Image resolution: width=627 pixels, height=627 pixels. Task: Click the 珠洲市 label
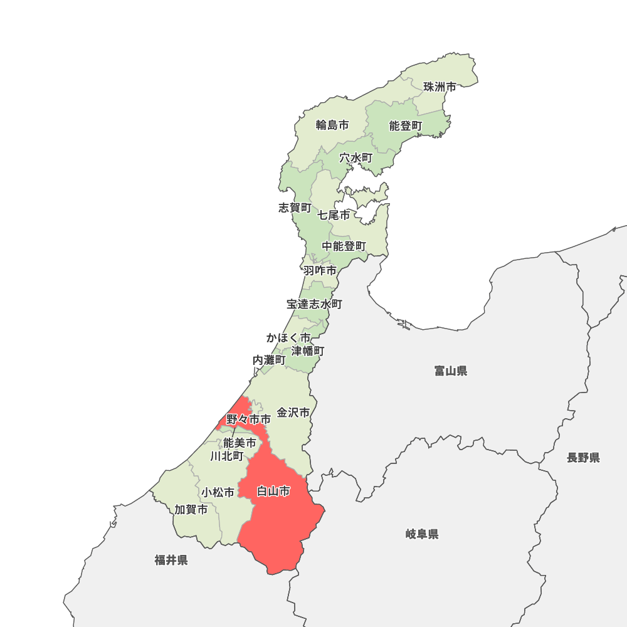coord(440,87)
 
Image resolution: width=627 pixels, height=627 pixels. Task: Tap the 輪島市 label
coord(332,125)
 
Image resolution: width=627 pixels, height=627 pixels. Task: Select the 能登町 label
coord(406,126)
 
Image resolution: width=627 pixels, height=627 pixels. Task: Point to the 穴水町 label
coord(356,158)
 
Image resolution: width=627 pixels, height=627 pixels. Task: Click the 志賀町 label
coord(295,208)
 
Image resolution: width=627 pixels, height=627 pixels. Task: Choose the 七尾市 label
coord(334,215)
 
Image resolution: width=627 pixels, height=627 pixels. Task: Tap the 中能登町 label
coord(344,246)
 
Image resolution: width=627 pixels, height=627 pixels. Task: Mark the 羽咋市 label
coord(320,271)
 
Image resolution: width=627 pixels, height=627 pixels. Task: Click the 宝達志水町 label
coord(315,304)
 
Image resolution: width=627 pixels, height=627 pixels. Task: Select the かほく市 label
coord(288,338)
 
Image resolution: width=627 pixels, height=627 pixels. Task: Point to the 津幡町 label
coord(308,351)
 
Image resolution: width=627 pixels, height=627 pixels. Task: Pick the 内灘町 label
coord(269,361)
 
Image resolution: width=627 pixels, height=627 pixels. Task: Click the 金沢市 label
coord(293,413)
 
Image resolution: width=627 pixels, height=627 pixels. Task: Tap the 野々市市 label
coord(249,419)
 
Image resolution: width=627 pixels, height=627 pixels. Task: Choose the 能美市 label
coord(240,443)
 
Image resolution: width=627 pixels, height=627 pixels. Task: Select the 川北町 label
coord(227,456)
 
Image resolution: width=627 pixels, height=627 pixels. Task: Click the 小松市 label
coord(218,493)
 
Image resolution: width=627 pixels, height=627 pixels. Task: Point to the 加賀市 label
coord(191,510)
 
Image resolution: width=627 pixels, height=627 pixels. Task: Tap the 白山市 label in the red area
coord(274,492)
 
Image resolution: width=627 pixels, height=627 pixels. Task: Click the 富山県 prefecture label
coord(451,371)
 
